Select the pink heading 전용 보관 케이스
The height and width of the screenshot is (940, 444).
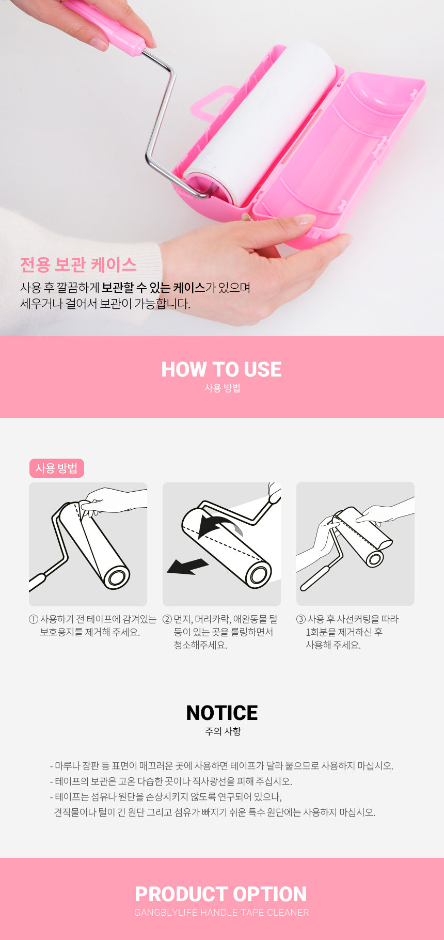click(x=78, y=264)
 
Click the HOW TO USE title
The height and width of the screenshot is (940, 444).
click(x=221, y=369)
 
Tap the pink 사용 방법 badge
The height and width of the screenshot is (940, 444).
click(x=56, y=468)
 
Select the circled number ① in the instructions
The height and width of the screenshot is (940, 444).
click(x=34, y=619)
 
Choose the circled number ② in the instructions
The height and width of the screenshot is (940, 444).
click(x=167, y=619)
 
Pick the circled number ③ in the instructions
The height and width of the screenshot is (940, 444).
click(x=301, y=619)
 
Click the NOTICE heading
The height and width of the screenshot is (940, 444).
click(x=221, y=713)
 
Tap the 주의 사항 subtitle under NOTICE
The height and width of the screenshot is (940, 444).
click(x=223, y=731)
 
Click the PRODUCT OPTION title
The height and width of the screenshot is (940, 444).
click(x=221, y=894)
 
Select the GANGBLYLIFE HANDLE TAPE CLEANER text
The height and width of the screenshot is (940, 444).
click(x=221, y=913)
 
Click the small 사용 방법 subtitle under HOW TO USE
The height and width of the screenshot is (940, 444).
click(x=223, y=388)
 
